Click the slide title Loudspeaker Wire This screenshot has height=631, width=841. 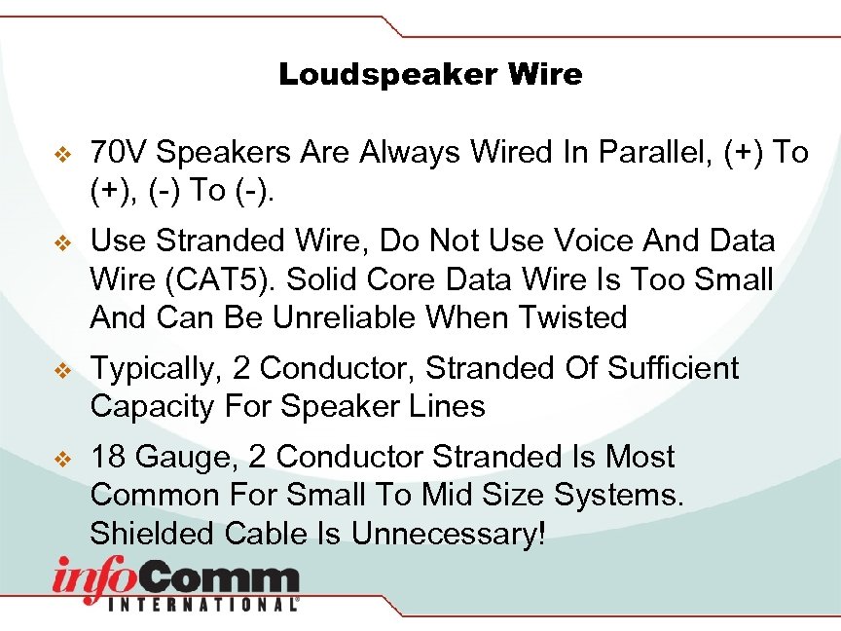(x=430, y=74)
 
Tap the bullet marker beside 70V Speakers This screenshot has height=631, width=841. (x=63, y=154)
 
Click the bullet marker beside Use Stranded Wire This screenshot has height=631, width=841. (x=63, y=241)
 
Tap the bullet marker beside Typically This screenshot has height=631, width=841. (x=63, y=370)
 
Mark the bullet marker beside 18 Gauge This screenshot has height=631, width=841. (x=63, y=458)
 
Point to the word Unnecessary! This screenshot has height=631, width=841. (x=448, y=534)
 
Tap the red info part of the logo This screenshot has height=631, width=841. (x=95, y=579)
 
